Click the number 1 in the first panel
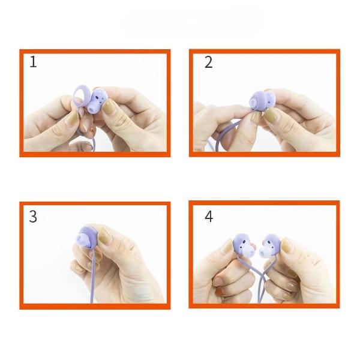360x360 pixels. tap(33, 62)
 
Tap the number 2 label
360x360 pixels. tap(208, 62)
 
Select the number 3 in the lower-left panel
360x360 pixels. tap(33, 217)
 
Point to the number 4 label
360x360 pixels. tap(209, 217)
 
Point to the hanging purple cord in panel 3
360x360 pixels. tap(92, 275)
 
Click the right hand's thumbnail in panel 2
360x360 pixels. tap(272, 115)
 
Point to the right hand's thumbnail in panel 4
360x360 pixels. tap(287, 247)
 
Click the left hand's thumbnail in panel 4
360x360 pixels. tap(228, 247)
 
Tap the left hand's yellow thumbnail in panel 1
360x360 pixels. tap(73, 118)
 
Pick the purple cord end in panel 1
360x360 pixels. tap(92, 147)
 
